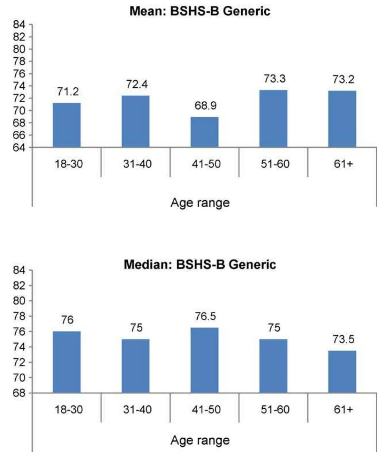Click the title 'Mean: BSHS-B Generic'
click(x=200, y=11)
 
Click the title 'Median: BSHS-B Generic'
click(x=200, y=265)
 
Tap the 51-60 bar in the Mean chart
click(x=273, y=119)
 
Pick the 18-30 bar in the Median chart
click(x=67, y=362)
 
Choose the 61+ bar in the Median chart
click(x=342, y=372)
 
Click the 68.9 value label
click(x=205, y=106)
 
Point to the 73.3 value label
click(x=273, y=79)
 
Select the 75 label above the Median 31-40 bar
click(x=135, y=328)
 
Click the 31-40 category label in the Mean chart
click(x=135, y=164)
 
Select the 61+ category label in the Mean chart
click(x=342, y=164)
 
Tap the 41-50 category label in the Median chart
click(x=205, y=409)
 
